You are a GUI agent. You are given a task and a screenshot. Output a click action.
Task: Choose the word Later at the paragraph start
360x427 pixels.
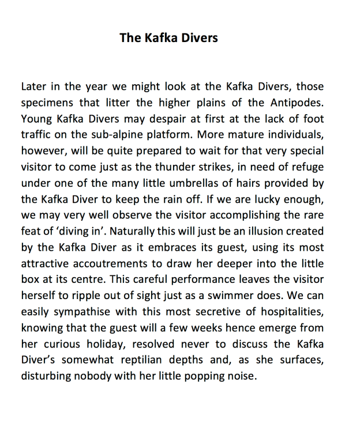tap(34, 87)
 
